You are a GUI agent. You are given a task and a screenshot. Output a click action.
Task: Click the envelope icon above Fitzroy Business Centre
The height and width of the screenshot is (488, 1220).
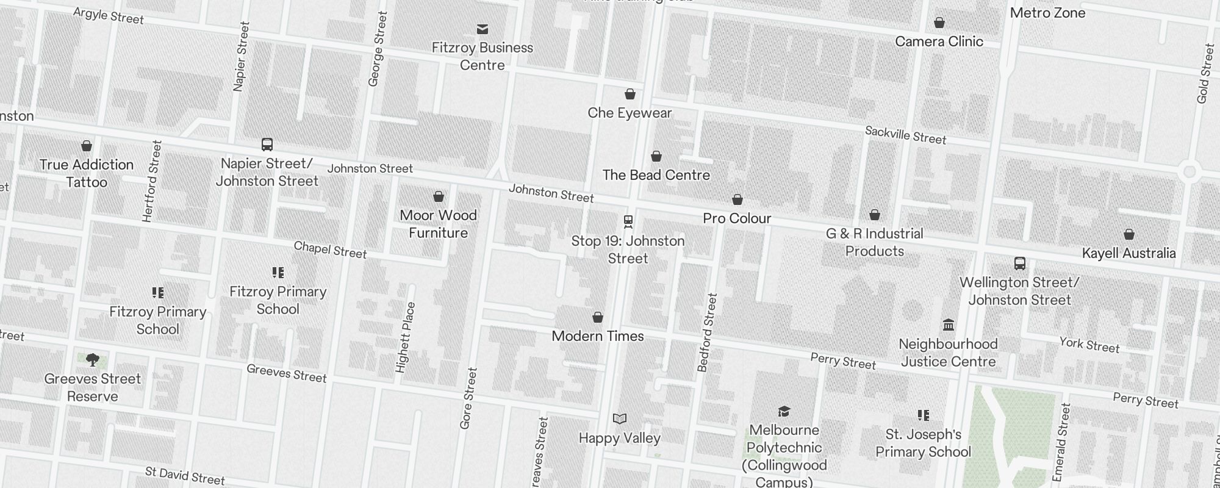coord(483,29)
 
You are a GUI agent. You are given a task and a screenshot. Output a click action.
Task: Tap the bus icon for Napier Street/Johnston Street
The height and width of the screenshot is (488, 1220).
coord(267,145)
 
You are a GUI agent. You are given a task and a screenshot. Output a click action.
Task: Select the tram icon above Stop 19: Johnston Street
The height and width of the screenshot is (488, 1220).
coord(628,221)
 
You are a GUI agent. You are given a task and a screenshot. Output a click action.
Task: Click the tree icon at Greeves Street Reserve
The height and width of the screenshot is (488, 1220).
coord(92,360)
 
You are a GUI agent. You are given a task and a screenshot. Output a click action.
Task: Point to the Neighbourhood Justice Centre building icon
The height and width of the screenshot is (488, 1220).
coord(948,325)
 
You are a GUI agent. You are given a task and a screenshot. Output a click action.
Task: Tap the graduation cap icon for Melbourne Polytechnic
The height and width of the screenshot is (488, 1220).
coord(784,411)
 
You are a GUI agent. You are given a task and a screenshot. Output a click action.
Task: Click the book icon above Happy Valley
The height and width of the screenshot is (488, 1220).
coord(619,418)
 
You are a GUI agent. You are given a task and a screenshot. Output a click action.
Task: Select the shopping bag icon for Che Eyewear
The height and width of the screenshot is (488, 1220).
coord(630,94)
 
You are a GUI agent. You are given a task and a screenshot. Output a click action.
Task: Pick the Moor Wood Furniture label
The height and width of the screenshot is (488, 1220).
coord(438,224)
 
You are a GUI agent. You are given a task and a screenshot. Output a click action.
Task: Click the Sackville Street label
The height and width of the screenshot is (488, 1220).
coord(905,135)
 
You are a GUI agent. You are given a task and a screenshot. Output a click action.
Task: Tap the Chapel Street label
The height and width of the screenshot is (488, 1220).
coord(330,249)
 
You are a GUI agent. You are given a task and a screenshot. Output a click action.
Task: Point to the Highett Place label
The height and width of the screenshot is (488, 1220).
coord(405,337)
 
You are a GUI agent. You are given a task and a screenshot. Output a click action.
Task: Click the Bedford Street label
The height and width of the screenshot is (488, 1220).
coord(707,332)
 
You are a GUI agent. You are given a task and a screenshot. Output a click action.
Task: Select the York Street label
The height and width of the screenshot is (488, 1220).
coord(1089,345)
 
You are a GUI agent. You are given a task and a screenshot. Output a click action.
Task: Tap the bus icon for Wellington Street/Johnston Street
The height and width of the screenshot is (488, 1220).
coord(1019,264)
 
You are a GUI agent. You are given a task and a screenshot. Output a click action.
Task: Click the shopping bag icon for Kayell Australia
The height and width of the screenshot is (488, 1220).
coord(1128,234)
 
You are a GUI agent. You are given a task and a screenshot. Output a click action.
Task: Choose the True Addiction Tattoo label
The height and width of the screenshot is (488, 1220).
coord(87,173)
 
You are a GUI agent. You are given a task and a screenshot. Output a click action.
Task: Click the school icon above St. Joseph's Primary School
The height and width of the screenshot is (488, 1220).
coord(923,415)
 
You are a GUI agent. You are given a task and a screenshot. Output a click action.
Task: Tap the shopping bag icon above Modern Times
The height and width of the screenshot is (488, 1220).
coord(597,317)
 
